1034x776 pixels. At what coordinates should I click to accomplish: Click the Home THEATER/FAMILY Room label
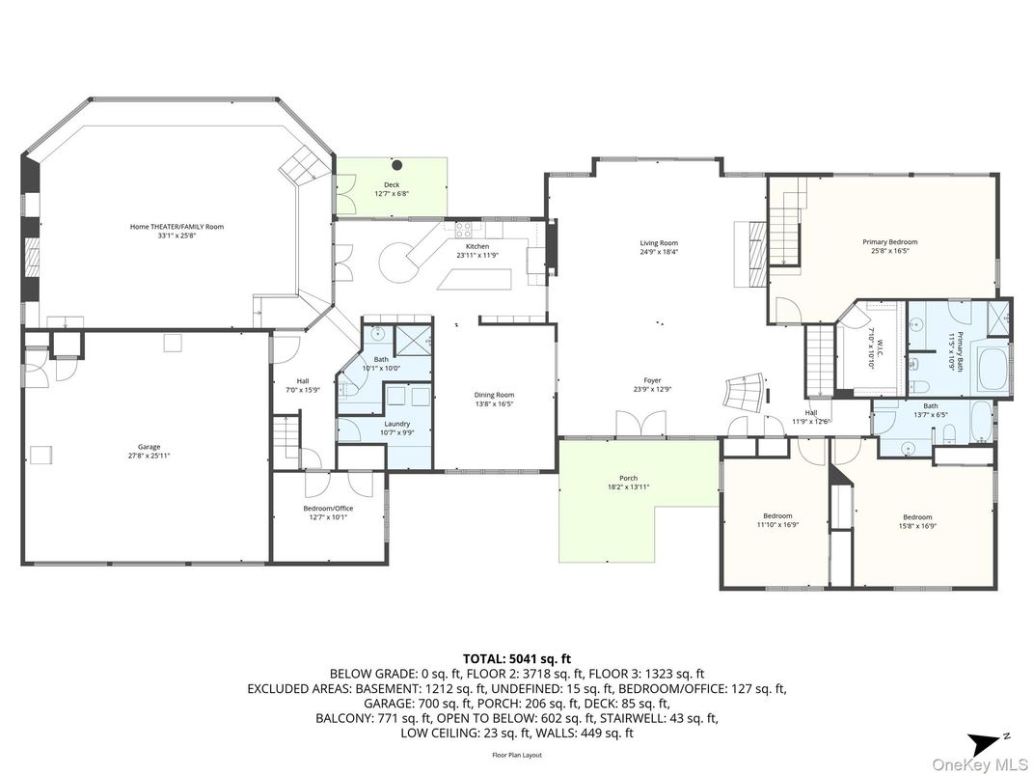(177, 227)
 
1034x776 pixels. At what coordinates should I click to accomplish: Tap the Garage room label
(149, 447)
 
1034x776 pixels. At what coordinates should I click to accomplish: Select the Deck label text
(391, 184)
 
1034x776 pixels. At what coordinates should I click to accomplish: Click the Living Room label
(659, 243)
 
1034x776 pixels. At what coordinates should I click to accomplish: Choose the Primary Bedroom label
(889, 242)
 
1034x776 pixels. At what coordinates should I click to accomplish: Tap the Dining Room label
(494, 395)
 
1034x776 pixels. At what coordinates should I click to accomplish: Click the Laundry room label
(396, 424)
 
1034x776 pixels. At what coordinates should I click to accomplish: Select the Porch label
(628, 479)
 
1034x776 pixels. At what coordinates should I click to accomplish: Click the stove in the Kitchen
(463, 230)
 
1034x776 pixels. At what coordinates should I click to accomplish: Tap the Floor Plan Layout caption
(516, 755)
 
